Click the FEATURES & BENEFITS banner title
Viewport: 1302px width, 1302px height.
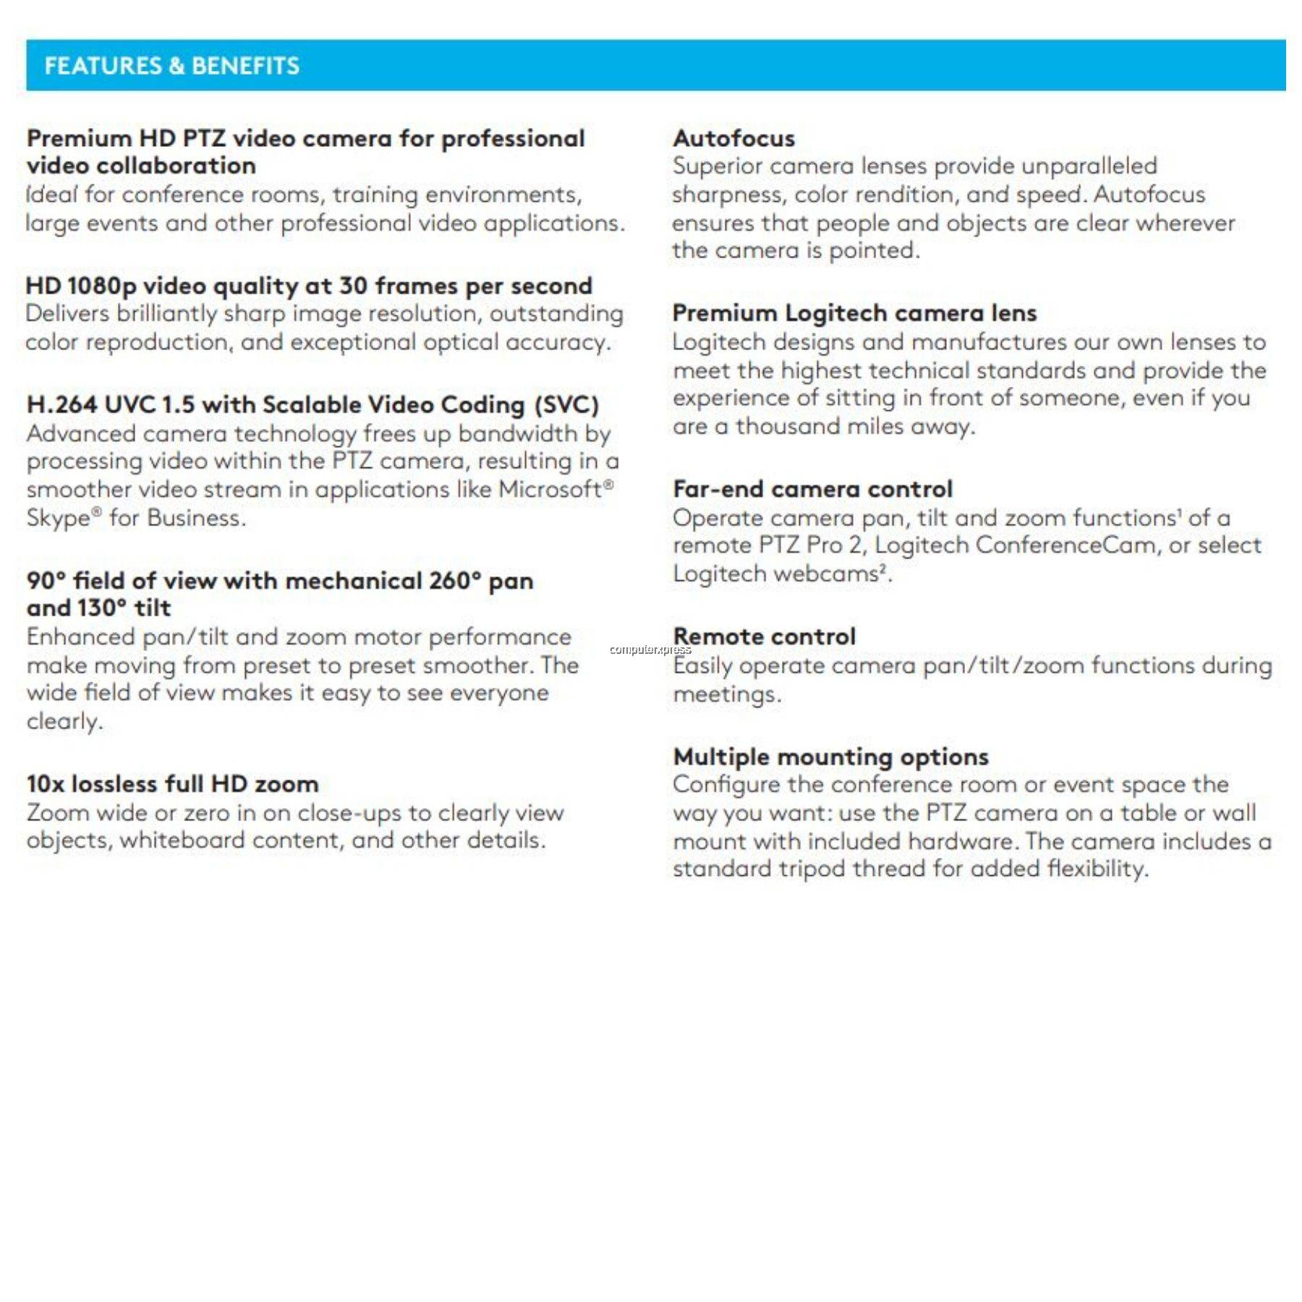172,66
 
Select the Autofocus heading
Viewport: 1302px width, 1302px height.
733,138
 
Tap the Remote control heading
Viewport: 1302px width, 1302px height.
765,637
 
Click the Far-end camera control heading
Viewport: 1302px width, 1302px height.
812,489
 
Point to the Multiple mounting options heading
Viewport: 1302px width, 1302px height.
830,757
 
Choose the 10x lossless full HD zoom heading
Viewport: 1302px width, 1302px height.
172,784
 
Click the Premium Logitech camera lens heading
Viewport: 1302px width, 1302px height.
854,313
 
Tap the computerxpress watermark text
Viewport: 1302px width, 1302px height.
650,650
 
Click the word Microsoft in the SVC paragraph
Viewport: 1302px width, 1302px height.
550,490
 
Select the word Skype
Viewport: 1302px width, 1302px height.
59,519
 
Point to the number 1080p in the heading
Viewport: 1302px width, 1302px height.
101,286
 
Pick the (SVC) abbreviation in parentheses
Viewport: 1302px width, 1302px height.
566,405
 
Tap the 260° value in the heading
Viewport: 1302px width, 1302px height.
454,581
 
